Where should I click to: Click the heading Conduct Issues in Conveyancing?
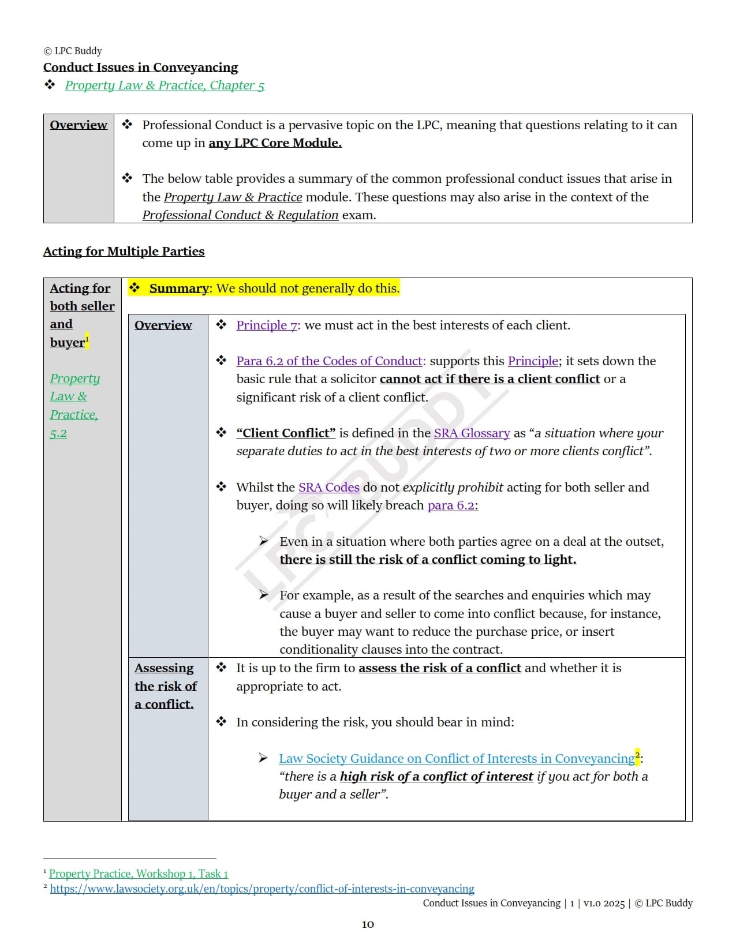point(140,68)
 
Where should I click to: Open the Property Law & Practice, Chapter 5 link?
point(165,85)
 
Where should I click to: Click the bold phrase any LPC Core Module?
point(275,143)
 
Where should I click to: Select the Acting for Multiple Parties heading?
point(124,252)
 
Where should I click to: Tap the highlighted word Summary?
point(178,288)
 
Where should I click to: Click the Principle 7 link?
point(267,325)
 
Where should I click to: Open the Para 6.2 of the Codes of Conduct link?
point(330,361)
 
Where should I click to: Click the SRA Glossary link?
point(472,433)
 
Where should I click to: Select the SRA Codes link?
point(328,488)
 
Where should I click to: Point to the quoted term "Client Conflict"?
point(286,433)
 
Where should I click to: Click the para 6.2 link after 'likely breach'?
point(451,505)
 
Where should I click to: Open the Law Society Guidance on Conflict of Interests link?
point(456,759)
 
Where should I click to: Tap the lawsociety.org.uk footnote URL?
point(262,889)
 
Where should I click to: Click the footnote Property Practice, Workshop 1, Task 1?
point(139,874)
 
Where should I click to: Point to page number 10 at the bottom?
point(368,925)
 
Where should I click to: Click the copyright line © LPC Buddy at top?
point(73,51)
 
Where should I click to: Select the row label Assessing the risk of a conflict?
point(165,686)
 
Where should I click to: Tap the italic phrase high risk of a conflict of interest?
point(436,777)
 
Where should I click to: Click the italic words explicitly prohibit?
point(453,488)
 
